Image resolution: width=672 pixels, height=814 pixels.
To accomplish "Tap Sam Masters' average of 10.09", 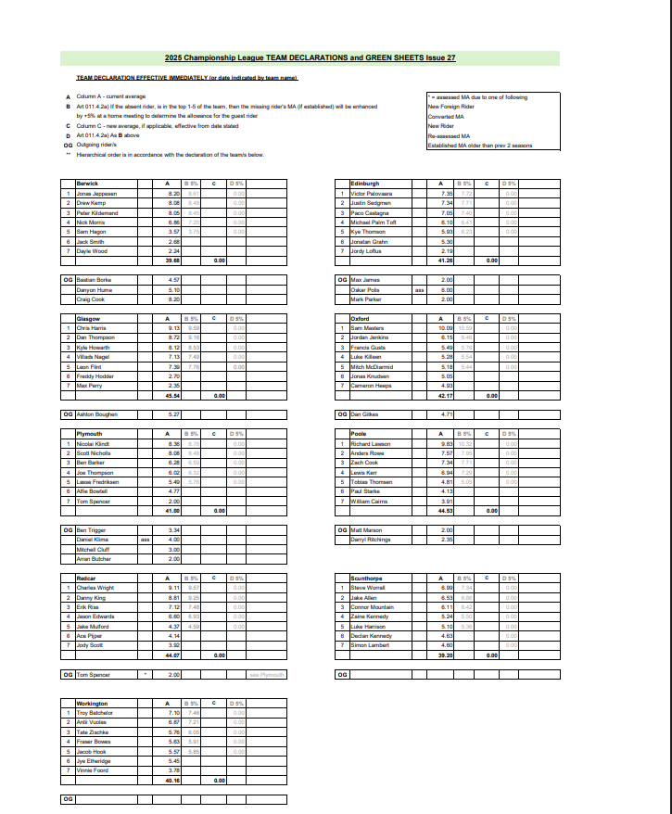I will pyautogui.click(x=445, y=327).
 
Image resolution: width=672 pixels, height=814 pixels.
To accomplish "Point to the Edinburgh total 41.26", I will pyautogui.click(x=445, y=261).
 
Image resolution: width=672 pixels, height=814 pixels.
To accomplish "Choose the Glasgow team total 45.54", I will pyautogui.click(x=172, y=395).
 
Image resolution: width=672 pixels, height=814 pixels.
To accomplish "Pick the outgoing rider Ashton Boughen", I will pyautogui.click(x=97, y=413).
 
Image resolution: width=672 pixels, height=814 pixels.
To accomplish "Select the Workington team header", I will pyautogui.click(x=93, y=704).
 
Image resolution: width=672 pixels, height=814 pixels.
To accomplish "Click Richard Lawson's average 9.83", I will pyautogui.click(x=446, y=444).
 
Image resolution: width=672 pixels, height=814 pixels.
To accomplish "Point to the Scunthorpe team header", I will pyautogui.click(x=367, y=579).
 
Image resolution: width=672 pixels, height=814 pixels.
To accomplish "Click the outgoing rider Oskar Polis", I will pyautogui.click(x=366, y=288).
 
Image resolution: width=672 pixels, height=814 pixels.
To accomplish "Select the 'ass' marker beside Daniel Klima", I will pyautogui.click(x=145, y=540).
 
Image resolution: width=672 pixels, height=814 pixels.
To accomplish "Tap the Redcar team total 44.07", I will pyautogui.click(x=172, y=655).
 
